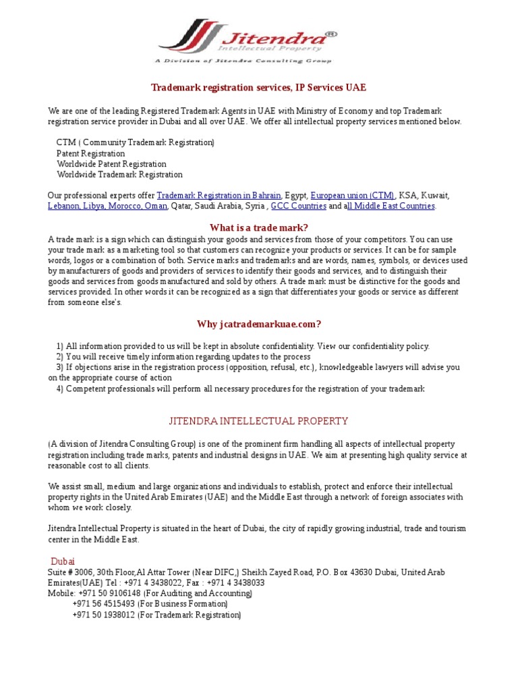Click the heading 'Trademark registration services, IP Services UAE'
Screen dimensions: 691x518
258,88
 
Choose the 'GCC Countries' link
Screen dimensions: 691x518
298,206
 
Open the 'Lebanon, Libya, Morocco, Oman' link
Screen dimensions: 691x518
107,206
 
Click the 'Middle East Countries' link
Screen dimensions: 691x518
391,206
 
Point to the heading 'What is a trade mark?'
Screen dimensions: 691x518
258,227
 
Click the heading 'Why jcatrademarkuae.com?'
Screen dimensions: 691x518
258,324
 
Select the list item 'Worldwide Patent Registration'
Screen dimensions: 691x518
111,164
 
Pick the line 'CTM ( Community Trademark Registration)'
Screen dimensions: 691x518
135,142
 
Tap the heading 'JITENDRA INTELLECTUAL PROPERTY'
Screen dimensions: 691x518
258,421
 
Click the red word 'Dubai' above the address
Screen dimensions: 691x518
63,561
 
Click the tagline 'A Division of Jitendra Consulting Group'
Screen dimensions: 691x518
243,61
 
